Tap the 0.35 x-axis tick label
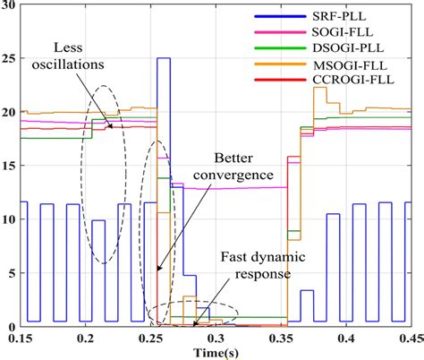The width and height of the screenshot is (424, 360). [x=284, y=339]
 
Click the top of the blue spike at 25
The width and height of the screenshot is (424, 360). [x=164, y=59]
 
